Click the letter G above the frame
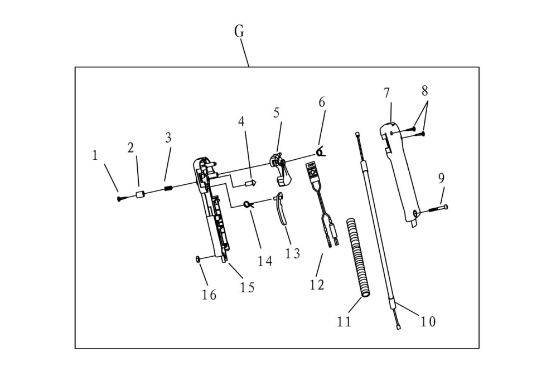click(x=239, y=32)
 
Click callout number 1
click(x=95, y=155)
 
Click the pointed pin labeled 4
click(x=250, y=182)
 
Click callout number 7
click(x=387, y=94)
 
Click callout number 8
click(x=425, y=90)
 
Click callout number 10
click(x=428, y=321)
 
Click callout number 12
click(x=317, y=285)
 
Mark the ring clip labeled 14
click(x=248, y=204)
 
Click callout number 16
click(x=209, y=295)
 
